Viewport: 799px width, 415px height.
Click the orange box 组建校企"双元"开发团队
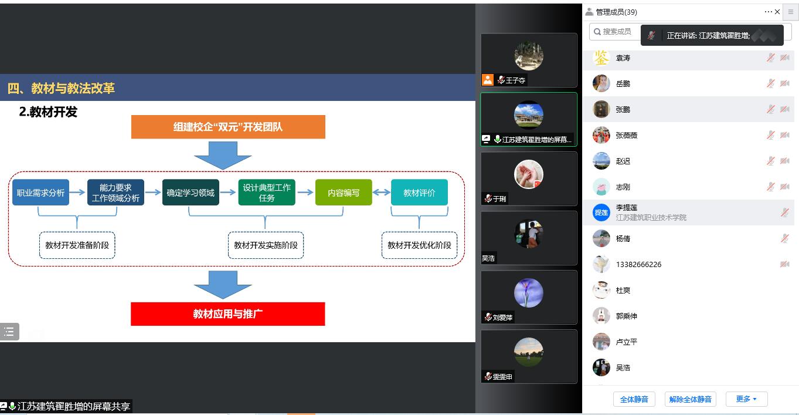coord(228,127)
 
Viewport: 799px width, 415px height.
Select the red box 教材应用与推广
coord(227,314)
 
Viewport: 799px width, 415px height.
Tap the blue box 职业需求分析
coord(40,193)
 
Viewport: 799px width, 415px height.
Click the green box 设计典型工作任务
coord(267,193)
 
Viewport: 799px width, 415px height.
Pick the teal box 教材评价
coord(419,193)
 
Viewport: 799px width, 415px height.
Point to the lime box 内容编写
coord(344,193)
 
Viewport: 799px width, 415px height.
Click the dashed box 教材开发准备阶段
coord(77,245)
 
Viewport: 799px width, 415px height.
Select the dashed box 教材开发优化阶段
coord(419,245)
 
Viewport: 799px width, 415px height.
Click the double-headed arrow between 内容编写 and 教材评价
coord(382,193)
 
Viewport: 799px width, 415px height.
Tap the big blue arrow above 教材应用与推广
coord(223,284)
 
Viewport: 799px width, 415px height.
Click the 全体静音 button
coord(634,399)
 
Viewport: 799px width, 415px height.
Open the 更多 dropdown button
coord(746,399)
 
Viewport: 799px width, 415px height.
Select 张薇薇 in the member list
coord(627,136)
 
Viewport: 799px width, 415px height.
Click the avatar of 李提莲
coord(601,212)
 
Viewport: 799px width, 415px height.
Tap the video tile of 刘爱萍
coord(529,297)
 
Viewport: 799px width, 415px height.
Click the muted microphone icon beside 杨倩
coord(784,238)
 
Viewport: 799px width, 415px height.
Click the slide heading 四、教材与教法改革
coord(61,89)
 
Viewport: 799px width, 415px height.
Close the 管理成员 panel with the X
coord(777,12)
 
